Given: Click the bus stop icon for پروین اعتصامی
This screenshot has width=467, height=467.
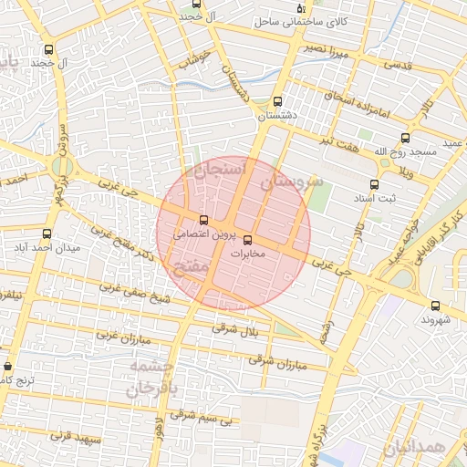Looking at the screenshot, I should click(203, 220).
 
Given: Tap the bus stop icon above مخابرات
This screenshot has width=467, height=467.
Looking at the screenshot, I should click(247, 240).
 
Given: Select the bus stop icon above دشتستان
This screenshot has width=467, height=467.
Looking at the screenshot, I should click(277, 102).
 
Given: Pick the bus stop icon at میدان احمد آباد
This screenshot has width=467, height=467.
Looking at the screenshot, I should click(46, 233).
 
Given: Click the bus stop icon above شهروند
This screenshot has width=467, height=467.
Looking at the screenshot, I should click(434, 306).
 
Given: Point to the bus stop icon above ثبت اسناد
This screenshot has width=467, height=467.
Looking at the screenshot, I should click(374, 183).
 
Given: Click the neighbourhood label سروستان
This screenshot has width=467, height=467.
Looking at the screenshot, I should click(292, 182).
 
